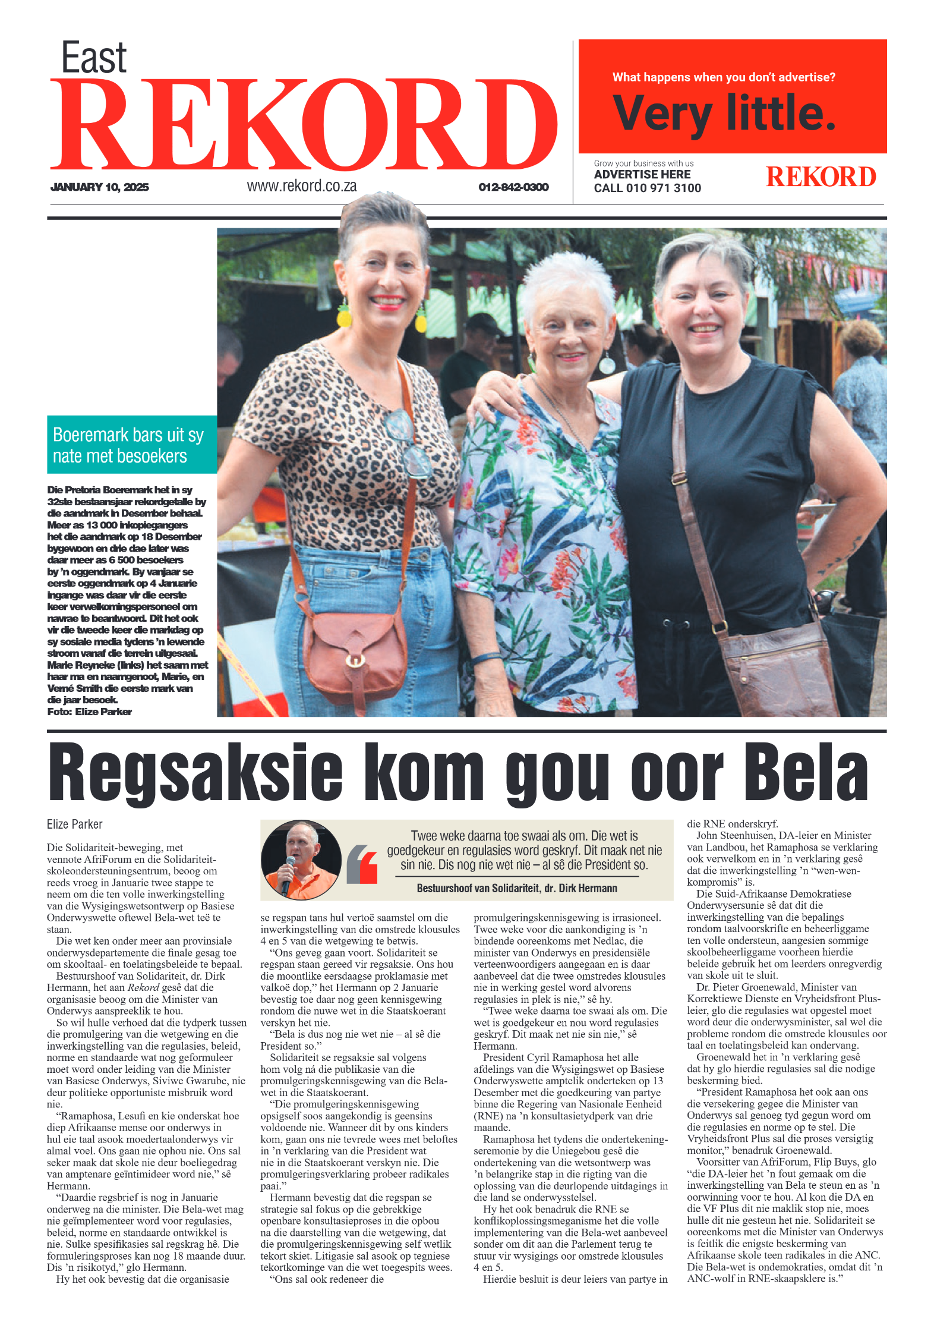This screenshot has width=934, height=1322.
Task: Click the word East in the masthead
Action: point(94,58)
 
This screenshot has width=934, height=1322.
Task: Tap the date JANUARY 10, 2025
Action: point(100,187)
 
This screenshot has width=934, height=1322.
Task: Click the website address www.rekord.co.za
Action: point(302,186)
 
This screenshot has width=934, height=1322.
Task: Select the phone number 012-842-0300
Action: point(513,187)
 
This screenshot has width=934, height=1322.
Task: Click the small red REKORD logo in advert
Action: point(821,177)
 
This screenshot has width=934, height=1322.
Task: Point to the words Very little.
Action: point(724,113)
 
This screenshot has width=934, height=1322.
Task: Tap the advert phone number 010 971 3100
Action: point(663,188)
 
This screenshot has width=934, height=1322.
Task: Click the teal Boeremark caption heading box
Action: point(131,445)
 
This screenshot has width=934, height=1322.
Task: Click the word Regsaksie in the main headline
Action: point(195,773)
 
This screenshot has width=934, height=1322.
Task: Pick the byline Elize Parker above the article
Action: point(75,824)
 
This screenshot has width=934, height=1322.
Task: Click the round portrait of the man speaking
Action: point(301,860)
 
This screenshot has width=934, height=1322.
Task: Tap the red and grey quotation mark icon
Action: point(362,864)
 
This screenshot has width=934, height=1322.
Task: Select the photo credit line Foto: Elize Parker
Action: point(90,712)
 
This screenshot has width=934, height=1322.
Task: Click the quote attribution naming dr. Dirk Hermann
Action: point(516,888)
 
